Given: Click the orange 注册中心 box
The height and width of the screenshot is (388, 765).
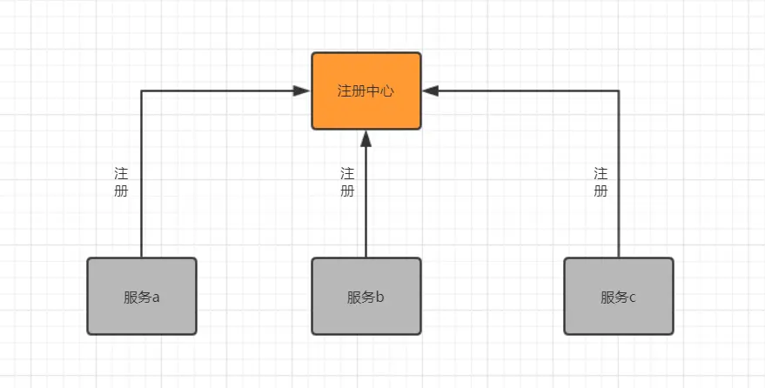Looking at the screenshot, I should [366, 90].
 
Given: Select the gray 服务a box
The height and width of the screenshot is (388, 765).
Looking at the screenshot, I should [142, 296].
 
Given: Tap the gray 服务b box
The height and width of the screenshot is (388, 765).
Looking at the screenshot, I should [366, 296].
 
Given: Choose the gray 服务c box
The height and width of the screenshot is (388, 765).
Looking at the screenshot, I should [619, 296].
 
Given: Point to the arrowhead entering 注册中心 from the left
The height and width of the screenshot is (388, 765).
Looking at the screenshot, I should [304, 90].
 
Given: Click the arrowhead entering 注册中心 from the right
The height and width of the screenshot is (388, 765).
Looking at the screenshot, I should [430, 90].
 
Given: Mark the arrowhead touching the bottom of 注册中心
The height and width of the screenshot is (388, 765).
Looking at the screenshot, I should [366, 137].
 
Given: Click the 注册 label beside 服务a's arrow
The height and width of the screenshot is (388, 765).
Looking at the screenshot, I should [121, 182].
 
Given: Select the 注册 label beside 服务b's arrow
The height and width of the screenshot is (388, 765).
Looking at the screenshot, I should [347, 182].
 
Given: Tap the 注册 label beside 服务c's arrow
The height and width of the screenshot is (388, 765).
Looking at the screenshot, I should [601, 182].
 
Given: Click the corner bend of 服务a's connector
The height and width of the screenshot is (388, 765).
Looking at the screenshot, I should [142, 90].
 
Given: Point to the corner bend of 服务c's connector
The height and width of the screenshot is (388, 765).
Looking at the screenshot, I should [619, 90].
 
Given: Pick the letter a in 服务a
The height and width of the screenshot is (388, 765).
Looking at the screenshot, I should [156, 297].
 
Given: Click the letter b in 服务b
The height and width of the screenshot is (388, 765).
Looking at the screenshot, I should [380, 297].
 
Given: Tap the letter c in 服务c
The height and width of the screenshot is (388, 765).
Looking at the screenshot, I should [632, 297].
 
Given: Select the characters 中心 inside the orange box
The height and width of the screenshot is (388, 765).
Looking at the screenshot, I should [380, 90].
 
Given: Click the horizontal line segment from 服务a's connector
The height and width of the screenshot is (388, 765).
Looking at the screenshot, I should [218, 90].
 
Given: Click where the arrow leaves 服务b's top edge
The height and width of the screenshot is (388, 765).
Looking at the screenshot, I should [366, 257].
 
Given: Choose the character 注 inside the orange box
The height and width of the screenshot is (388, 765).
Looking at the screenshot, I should [344, 90].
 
